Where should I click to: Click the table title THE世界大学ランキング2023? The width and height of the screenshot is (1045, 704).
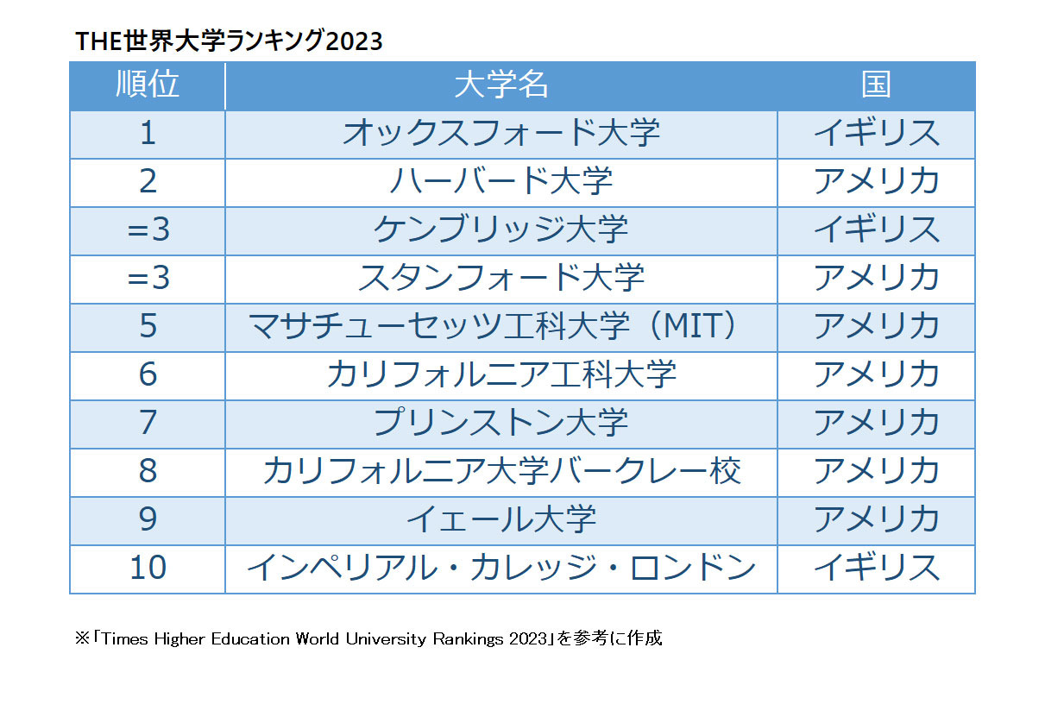coord(229,41)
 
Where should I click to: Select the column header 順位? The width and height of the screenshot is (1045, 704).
coord(148,85)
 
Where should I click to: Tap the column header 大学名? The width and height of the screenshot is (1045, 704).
coord(501,85)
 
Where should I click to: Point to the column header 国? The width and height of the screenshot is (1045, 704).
coord(876,85)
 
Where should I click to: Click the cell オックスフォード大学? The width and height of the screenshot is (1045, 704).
coord(501,134)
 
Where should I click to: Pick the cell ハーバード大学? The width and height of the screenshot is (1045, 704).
coord(501,182)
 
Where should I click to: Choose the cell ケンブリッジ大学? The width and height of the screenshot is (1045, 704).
coord(501,230)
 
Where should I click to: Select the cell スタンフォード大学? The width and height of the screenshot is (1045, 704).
coord(501,279)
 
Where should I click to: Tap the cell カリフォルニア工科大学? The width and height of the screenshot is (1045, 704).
coord(501,375)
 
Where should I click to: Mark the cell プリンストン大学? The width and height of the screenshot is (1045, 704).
coord(501,424)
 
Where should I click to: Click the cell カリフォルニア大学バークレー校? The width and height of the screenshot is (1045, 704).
coord(501,472)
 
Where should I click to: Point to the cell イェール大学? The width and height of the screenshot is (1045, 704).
coord(501,520)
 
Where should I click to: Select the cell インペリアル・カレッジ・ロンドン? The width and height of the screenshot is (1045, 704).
coord(501,569)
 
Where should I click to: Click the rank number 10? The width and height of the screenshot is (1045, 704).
coord(148,569)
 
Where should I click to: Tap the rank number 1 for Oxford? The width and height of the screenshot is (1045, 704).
coord(148,134)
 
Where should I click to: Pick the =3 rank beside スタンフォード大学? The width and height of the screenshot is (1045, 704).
coord(148,279)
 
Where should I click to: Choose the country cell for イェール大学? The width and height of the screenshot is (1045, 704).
coord(876,520)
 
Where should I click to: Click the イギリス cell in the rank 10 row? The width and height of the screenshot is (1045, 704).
coord(876,569)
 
